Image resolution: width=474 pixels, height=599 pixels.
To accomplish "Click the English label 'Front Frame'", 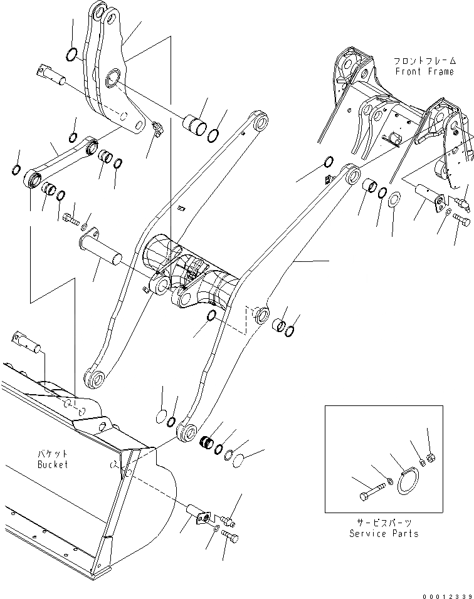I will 424,72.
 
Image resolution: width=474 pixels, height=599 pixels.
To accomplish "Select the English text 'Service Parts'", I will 384,533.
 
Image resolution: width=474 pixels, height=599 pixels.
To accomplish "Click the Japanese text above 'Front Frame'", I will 424,61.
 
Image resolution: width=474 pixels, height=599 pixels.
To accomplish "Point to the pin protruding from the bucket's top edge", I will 25,342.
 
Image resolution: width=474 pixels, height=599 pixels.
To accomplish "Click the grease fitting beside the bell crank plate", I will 156,128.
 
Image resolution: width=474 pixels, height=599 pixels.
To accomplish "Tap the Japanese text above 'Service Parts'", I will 384,523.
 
